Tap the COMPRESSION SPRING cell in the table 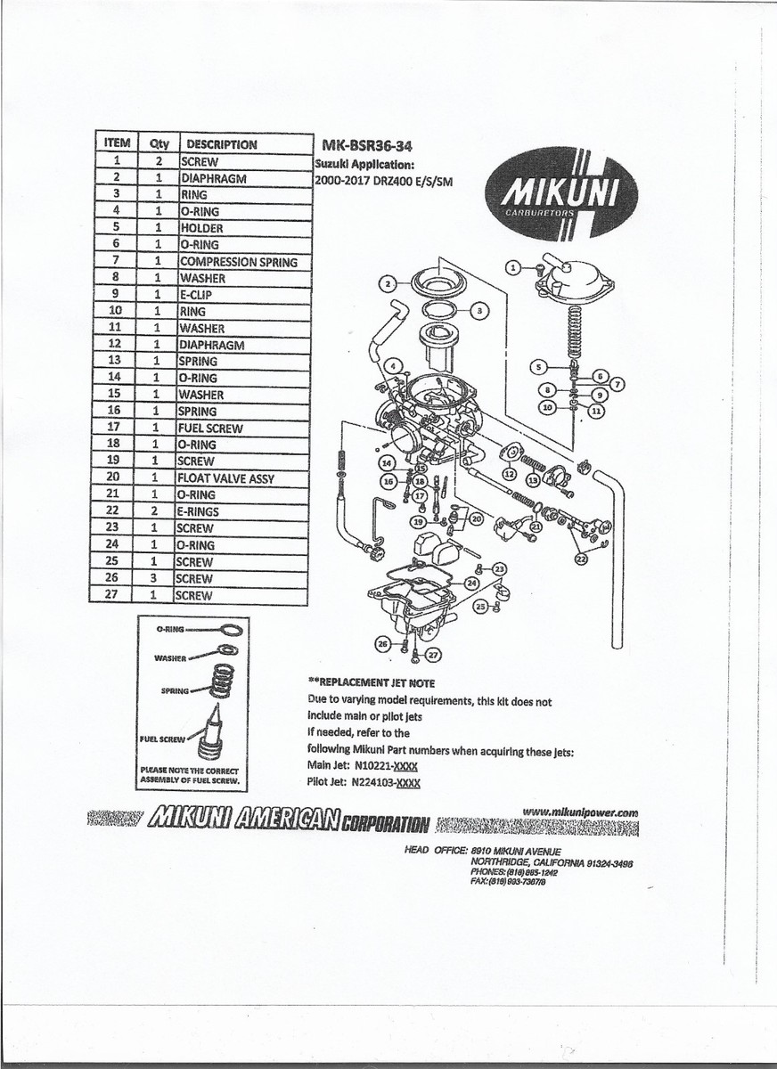238,262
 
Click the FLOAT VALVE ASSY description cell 226,478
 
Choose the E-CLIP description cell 196,295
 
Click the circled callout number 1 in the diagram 512,266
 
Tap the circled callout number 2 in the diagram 388,284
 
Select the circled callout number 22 581,559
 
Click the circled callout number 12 509,476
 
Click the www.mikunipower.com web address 581,812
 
